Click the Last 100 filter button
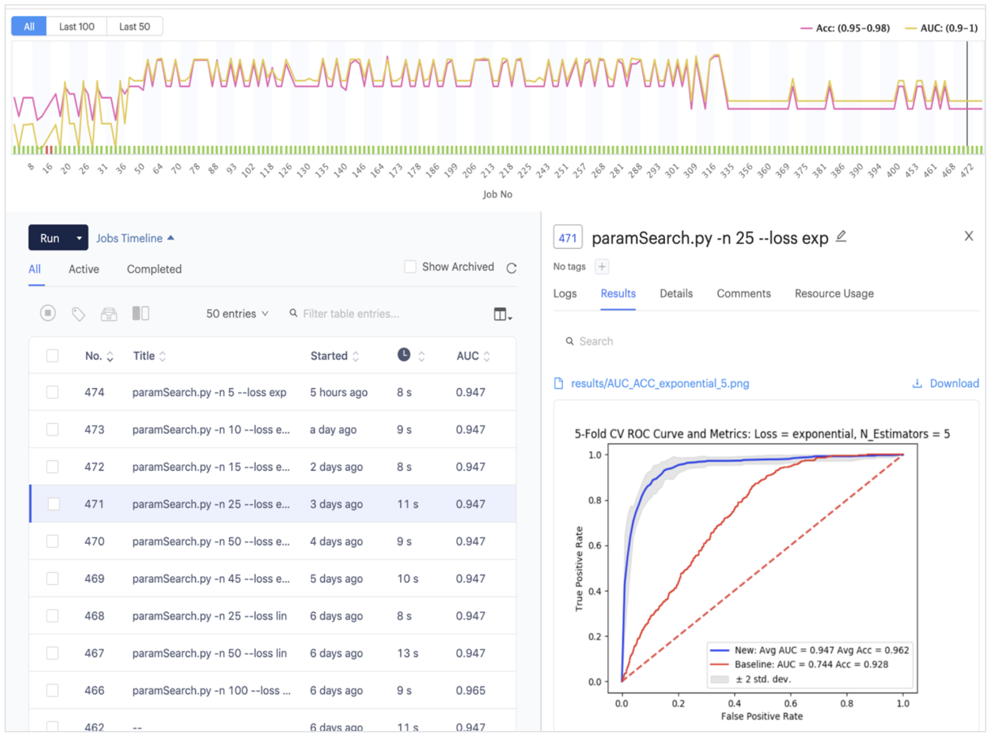click(x=76, y=26)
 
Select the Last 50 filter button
click(x=134, y=26)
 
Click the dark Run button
click(x=50, y=238)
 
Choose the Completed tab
click(x=154, y=269)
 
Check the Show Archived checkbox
click(x=410, y=267)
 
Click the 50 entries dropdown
click(x=237, y=314)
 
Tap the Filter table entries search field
click(x=351, y=314)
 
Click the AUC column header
click(x=468, y=356)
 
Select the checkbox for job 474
click(x=52, y=392)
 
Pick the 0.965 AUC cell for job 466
click(x=470, y=690)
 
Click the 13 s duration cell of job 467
click(x=408, y=653)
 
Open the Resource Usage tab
click(x=834, y=293)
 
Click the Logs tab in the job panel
click(x=565, y=293)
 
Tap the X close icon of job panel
click(x=969, y=236)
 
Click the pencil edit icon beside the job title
click(x=841, y=236)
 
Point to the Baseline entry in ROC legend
click(x=811, y=664)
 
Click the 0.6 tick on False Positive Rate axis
click(x=790, y=703)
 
